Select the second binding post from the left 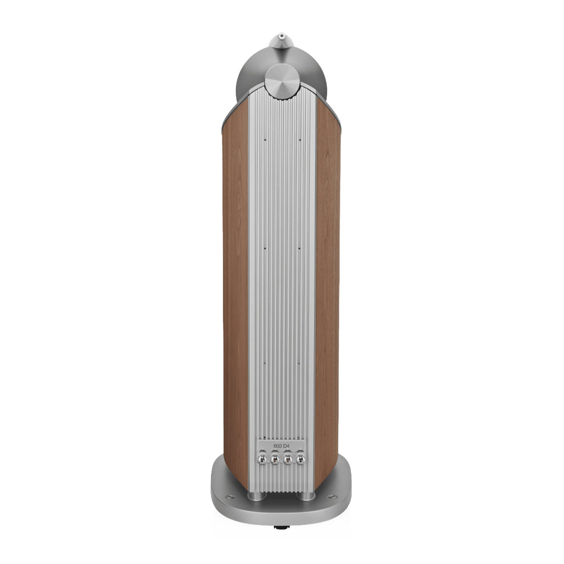pos(275,459)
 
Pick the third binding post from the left pos(289,459)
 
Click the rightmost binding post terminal pos(302,459)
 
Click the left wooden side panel pos(235,282)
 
